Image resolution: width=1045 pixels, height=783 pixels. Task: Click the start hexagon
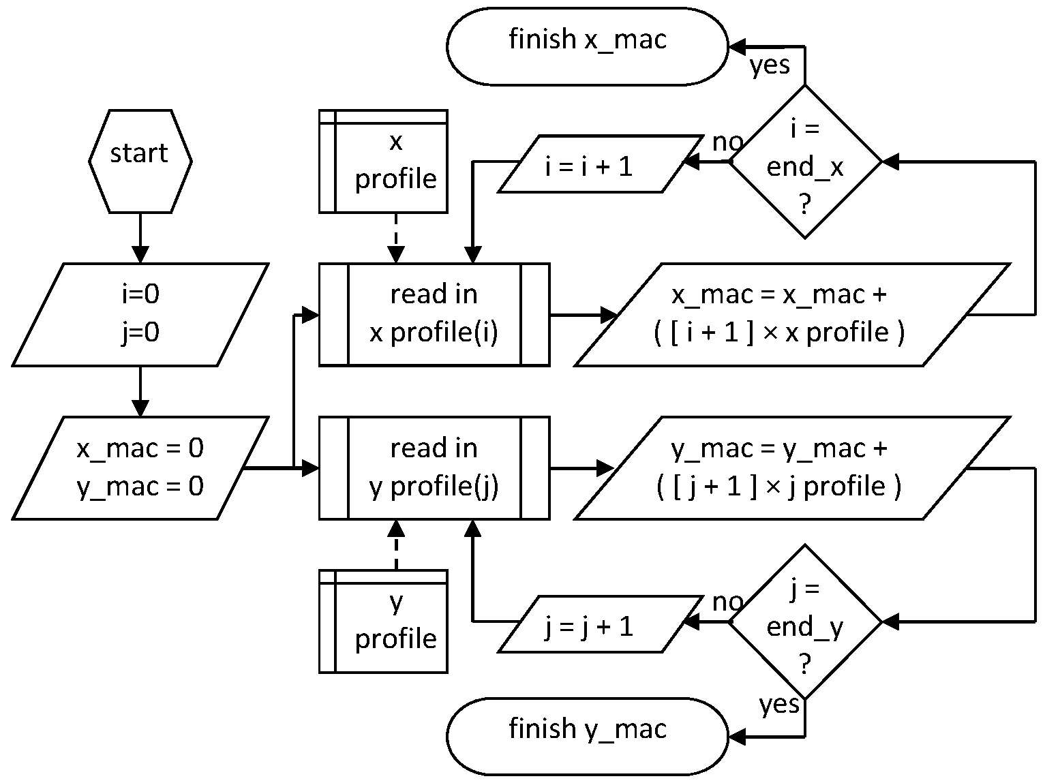click(140, 162)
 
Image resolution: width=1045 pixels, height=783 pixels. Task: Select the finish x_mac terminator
click(588, 46)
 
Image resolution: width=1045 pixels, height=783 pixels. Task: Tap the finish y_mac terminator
click(588, 737)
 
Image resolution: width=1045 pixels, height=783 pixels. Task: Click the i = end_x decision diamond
click(805, 162)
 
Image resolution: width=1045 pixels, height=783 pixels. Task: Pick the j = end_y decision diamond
click(805, 621)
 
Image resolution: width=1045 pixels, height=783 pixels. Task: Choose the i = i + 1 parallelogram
click(601, 164)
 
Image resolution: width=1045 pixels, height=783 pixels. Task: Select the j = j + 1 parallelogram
click(601, 624)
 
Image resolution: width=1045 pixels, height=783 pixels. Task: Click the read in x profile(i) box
click(434, 315)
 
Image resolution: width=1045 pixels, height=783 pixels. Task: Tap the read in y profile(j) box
click(434, 468)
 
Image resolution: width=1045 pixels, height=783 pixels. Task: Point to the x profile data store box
click(383, 162)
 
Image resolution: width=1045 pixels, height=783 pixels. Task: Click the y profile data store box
click(383, 621)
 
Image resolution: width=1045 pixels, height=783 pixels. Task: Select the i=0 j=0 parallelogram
click(140, 315)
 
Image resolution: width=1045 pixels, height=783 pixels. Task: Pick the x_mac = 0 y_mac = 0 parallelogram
click(140, 468)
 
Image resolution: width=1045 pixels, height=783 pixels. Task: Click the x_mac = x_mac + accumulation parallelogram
click(792, 315)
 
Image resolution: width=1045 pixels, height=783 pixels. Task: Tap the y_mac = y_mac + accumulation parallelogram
click(792, 468)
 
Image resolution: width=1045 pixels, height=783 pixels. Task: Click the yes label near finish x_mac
click(770, 65)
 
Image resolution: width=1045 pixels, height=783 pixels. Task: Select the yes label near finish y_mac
click(779, 705)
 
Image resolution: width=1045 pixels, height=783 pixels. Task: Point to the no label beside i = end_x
click(727, 142)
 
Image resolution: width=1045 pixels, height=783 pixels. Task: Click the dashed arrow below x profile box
click(395, 238)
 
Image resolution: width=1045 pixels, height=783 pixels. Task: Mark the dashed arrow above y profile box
click(395, 545)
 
